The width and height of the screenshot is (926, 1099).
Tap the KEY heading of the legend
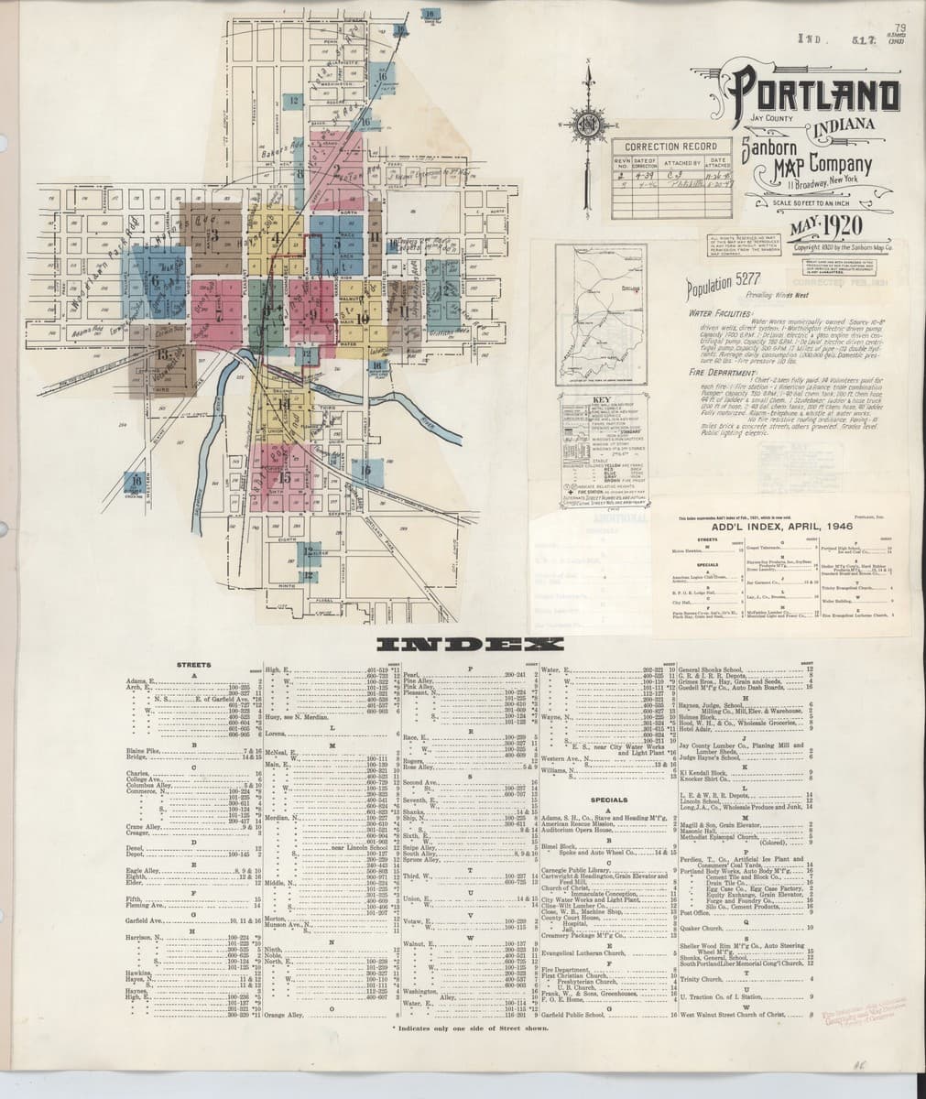(601, 400)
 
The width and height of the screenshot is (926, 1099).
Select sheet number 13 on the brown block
(163, 354)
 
